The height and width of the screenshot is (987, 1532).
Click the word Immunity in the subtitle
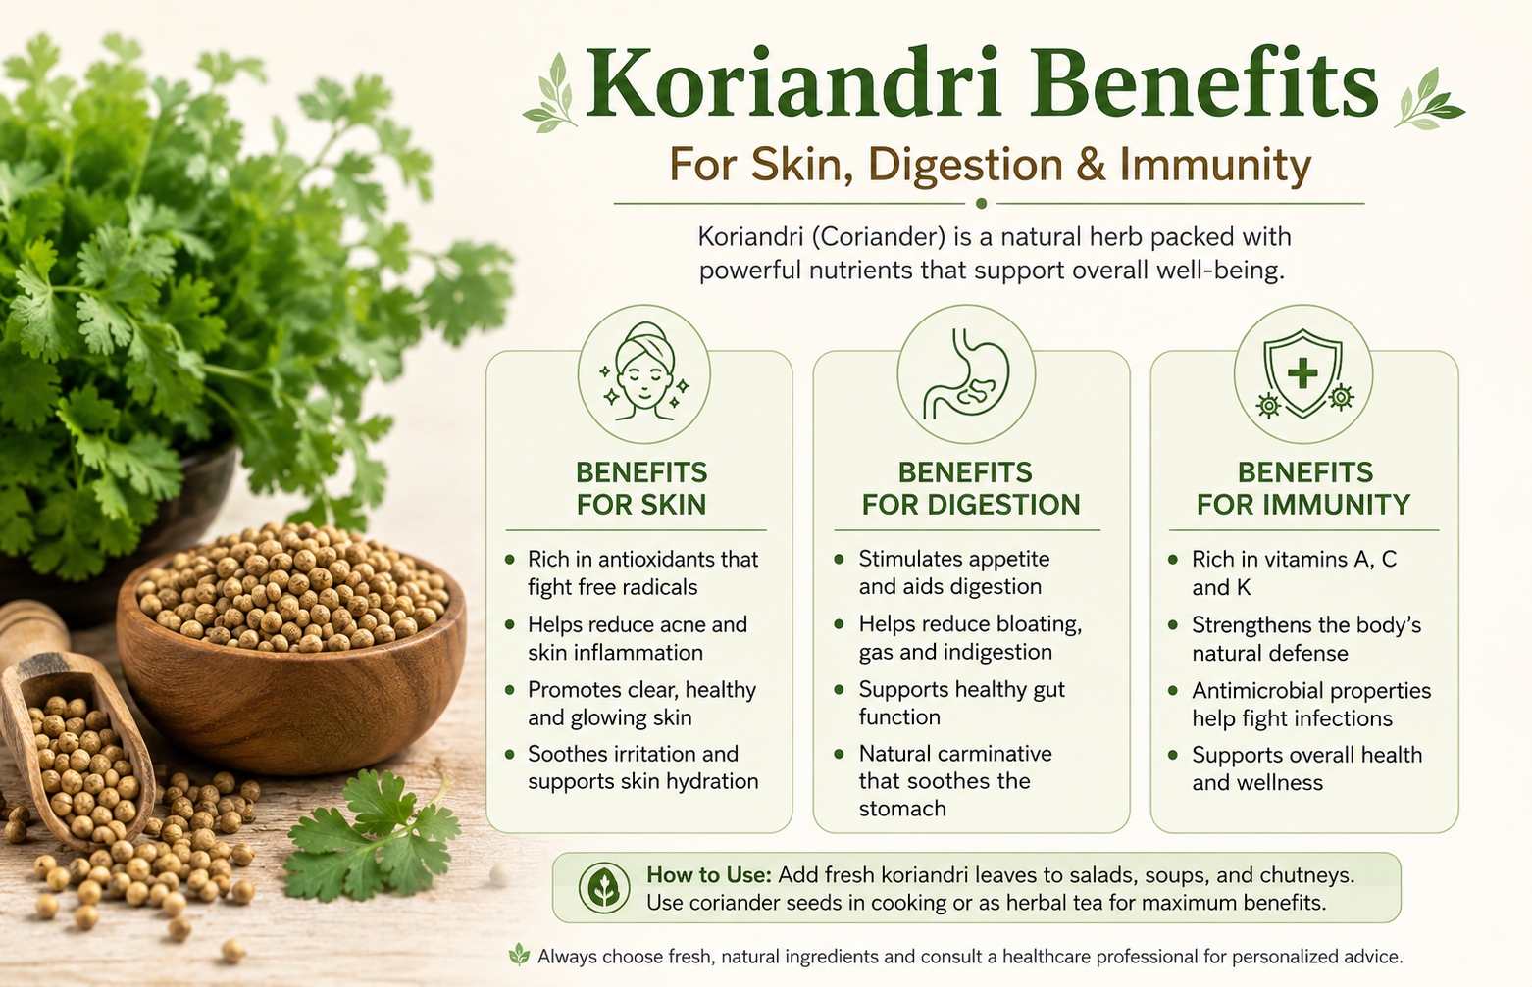pos(1215,166)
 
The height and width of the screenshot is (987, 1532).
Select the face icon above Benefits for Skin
pos(643,373)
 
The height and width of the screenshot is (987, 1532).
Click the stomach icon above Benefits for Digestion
pos(966,373)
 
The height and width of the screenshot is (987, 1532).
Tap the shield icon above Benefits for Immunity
pos(1303,373)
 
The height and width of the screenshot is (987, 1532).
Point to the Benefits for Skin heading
pos(641,488)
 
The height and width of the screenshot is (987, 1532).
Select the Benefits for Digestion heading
pos(970,488)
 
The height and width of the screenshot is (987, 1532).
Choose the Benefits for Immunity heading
pos(1303,488)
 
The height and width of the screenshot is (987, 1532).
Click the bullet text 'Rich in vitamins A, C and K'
pos(1294,572)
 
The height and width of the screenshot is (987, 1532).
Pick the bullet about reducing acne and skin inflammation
pos(638,638)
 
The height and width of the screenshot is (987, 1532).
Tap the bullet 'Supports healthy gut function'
pos(961,703)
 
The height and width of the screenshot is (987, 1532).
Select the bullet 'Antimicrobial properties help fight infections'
pos(1311,704)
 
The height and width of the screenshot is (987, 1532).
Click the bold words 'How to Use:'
pos(708,875)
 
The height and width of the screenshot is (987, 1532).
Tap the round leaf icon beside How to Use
pos(604,888)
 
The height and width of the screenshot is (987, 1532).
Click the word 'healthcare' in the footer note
pos(1047,957)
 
